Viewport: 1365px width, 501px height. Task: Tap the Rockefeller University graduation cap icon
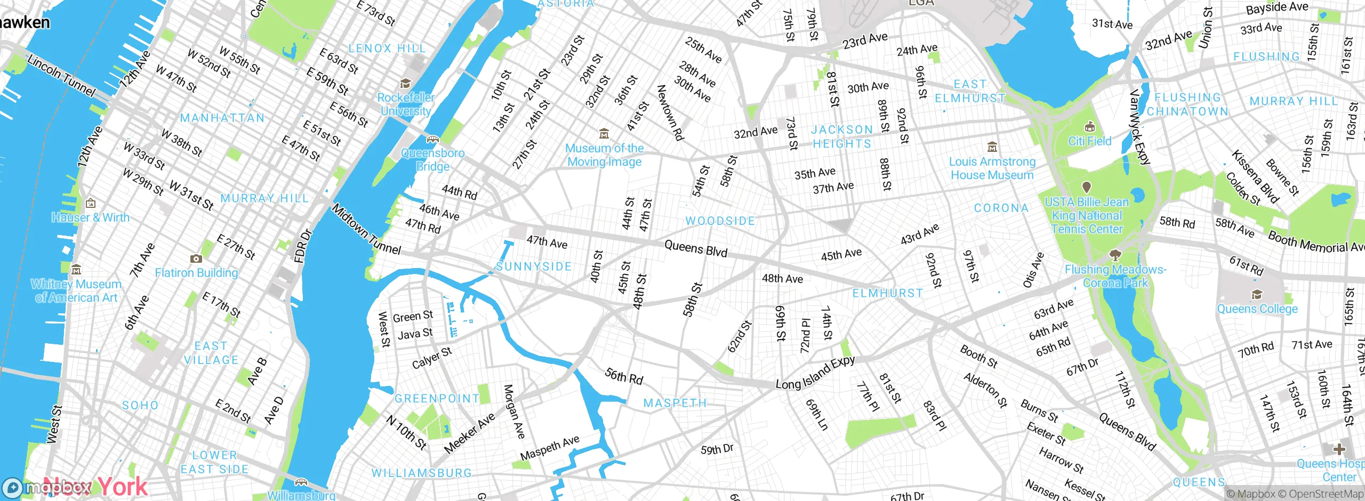pyautogui.click(x=405, y=84)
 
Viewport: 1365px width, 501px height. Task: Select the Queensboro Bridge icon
pyautogui.click(x=432, y=140)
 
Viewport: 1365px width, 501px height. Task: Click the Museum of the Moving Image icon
pyautogui.click(x=604, y=133)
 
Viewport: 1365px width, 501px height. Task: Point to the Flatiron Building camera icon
pyautogui.click(x=196, y=259)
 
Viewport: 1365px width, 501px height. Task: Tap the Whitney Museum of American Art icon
pyautogui.click(x=76, y=270)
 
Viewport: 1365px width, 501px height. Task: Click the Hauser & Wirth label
pyautogui.click(x=91, y=217)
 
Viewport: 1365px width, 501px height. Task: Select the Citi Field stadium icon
pyautogui.click(x=1089, y=127)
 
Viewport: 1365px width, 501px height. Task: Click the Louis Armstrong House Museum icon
pyautogui.click(x=992, y=147)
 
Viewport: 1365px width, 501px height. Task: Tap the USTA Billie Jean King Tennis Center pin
pyautogui.click(x=1086, y=188)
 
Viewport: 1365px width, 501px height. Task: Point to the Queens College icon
pyautogui.click(x=1257, y=295)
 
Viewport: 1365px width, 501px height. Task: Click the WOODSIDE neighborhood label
pyautogui.click(x=720, y=221)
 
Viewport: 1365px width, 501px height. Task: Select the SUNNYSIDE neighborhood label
pyautogui.click(x=534, y=266)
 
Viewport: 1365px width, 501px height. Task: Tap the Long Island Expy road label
pyautogui.click(x=815, y=373)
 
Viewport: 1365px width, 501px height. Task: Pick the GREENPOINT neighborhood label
pyautogui.click(x=437, y=399)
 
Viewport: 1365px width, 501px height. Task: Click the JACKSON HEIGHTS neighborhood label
pyautogui.click(x=842, y=137)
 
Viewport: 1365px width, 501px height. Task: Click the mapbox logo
pyautogui.click(x=48, y=487)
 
